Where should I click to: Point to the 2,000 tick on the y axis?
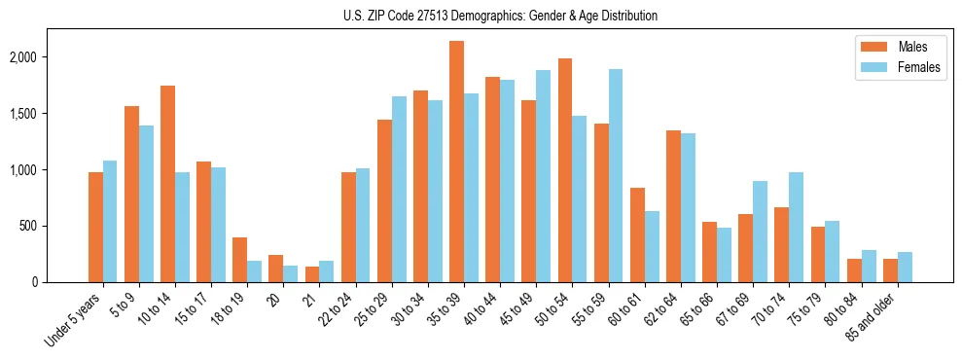(49, 57)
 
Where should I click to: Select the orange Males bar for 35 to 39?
(456, 162)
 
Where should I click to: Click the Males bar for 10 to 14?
(167, 184)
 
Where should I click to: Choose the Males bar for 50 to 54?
(565, 170)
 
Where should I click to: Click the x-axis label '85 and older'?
(884, 314)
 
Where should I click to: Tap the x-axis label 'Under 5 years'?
(75, 318)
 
